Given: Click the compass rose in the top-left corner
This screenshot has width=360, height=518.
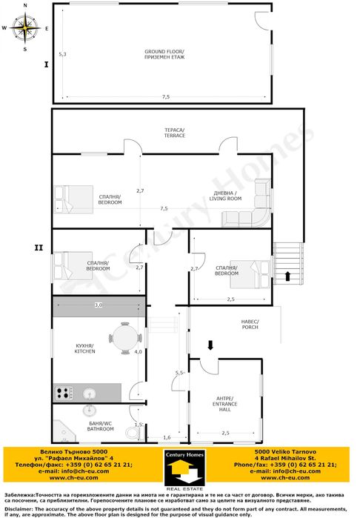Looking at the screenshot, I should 26,28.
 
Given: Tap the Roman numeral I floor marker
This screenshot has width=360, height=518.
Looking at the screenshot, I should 46,65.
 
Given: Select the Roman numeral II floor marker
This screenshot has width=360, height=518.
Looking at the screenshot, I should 39,248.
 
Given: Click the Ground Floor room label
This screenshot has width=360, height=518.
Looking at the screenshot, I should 164,55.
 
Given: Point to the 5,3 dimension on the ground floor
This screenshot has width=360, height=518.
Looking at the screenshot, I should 64,55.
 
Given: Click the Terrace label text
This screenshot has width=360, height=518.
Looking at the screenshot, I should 175,133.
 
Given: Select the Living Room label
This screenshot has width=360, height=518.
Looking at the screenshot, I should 225,196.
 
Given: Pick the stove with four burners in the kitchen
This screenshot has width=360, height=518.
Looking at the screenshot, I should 63,392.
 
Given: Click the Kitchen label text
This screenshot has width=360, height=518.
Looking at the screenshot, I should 84,348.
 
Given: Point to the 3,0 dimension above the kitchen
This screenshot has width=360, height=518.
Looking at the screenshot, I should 98,305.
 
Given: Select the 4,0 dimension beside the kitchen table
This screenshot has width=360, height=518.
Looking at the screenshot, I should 138,352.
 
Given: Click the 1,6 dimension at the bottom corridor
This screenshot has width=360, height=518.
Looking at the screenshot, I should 167,437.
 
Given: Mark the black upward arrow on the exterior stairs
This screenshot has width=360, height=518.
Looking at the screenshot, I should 288,276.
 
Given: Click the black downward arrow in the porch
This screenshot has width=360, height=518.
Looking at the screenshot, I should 210,345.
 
